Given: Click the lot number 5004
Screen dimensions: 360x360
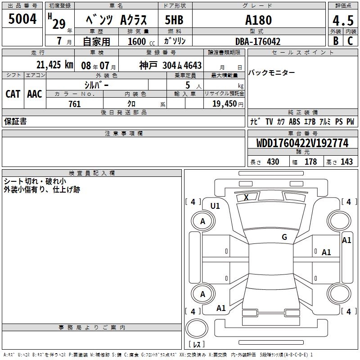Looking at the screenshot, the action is (22, 19).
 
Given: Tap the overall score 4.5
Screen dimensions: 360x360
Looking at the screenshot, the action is (343, 21).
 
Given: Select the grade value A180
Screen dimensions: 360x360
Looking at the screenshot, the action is (258, 20).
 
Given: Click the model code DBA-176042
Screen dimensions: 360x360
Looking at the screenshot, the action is (258, 41).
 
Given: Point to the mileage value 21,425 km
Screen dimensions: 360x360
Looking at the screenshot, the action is (55, 65).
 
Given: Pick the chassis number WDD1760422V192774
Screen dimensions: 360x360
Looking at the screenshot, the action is (302, 143).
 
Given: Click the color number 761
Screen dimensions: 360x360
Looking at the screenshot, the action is (75, 104).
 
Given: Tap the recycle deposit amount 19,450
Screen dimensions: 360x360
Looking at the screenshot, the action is (225, 104).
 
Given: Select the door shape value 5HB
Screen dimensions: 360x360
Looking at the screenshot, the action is (174, 20).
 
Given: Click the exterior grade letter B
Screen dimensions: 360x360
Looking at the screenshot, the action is (336, 41).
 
